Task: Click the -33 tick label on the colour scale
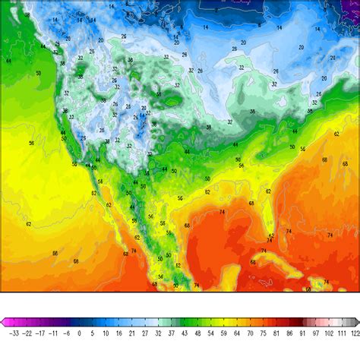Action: [14, 333]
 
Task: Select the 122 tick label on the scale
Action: [355, 333]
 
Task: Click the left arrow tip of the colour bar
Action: [3, 322]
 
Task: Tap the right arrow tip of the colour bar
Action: [358, 322]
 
